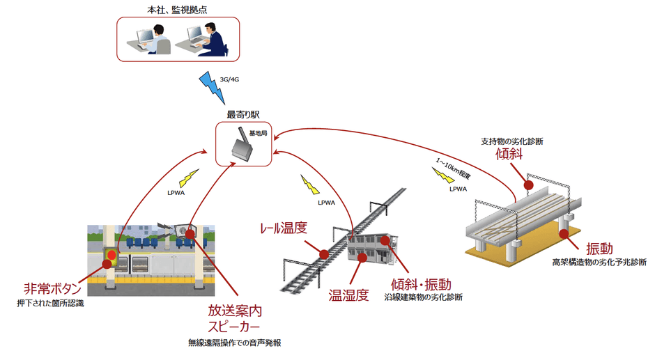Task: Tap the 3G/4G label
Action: click(x=230, y=79)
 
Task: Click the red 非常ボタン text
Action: click(x=52, y=288)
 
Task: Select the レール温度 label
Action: click(x=282, y=228)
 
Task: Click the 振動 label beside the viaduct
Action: click(x=599, y=248)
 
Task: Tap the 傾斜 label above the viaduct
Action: click(x=509, y=154)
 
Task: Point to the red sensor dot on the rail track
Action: click(x=323, y=252)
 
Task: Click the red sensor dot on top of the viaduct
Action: click(x=528, y=185)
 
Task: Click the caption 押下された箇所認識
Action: click(x=51, y=304)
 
